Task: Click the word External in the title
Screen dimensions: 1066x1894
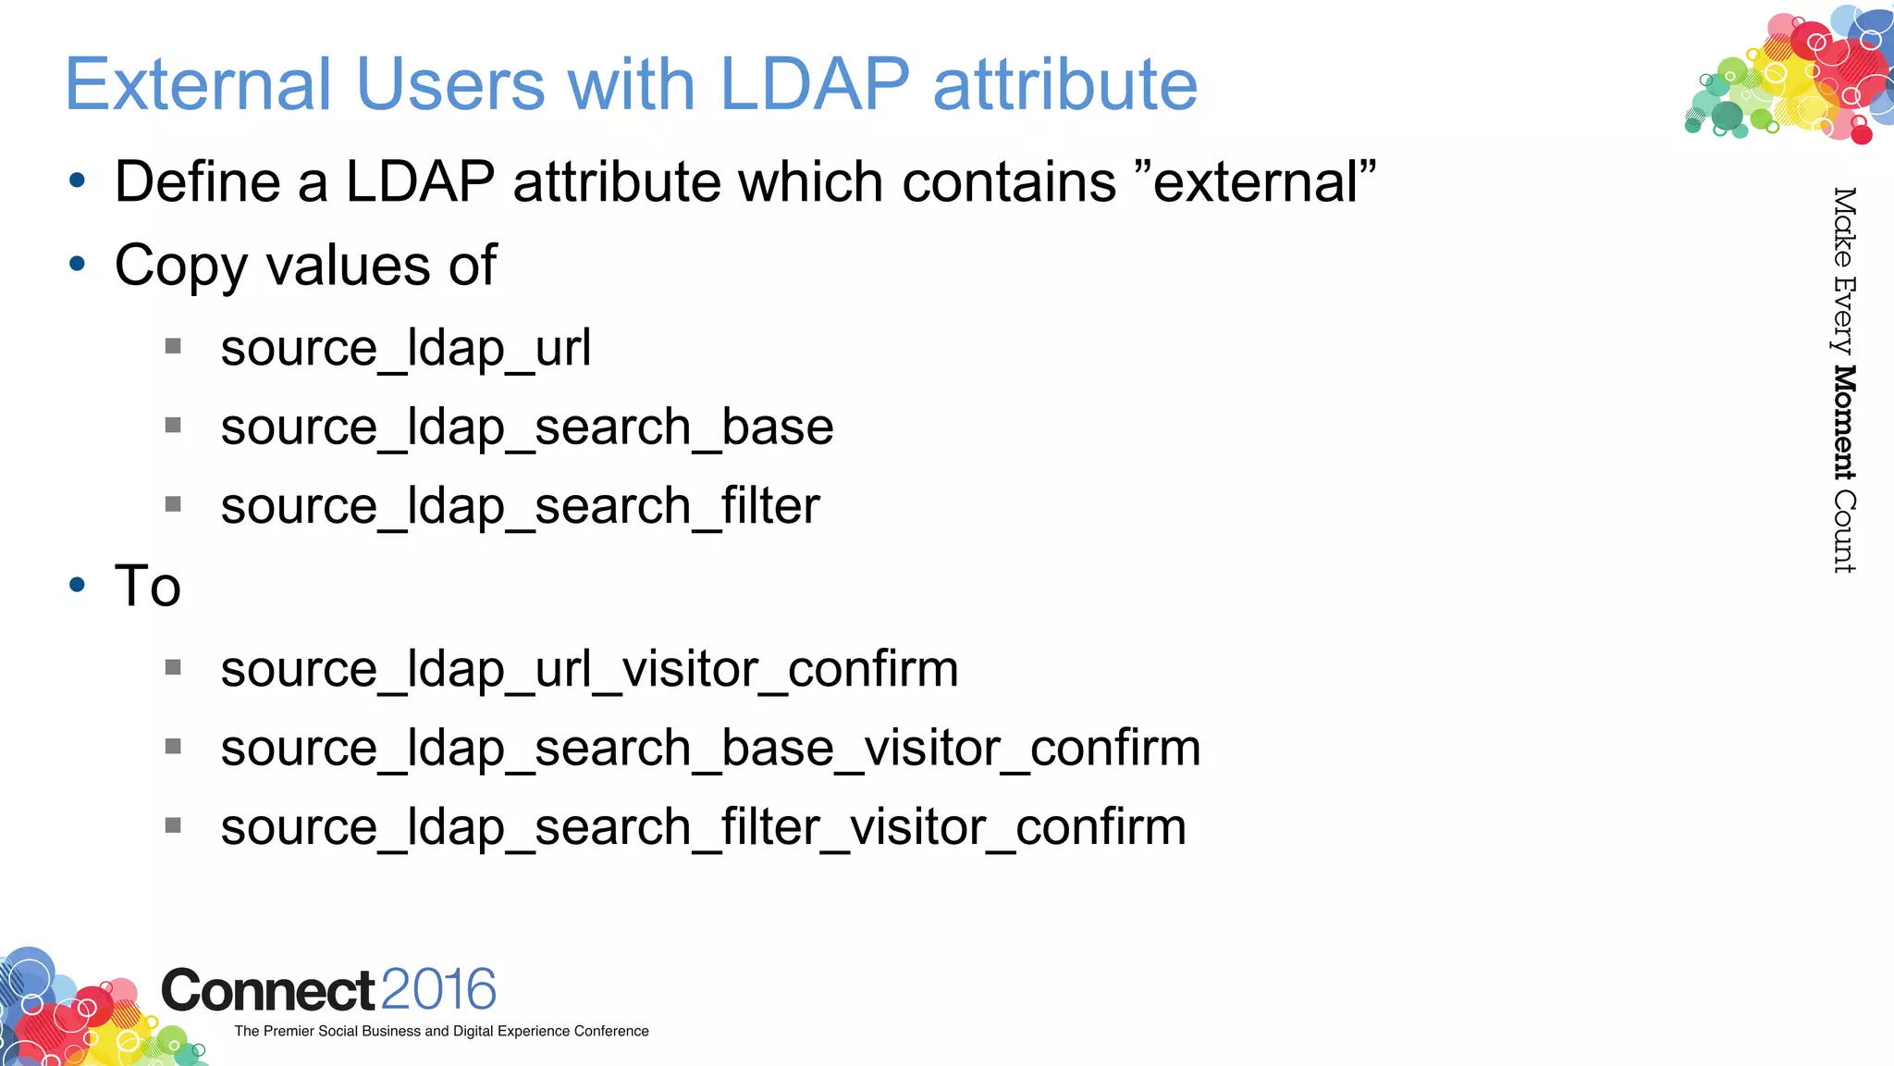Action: [198, 84]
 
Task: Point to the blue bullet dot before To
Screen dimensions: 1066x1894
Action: [78, 585]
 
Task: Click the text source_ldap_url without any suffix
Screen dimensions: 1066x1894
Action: [405, 349]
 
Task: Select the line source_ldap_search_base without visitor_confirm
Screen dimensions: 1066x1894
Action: [527, 428]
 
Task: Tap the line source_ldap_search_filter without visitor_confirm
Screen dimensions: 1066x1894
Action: [520, 507]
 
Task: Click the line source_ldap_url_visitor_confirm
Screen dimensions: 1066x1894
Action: [589, 669]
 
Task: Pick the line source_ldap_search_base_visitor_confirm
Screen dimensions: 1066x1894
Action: [710, 749]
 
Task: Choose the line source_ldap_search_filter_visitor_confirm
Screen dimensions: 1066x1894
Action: [703, 827]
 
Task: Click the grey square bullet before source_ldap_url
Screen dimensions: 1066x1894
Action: [173, 347]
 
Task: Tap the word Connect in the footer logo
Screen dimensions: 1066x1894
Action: [268, 991]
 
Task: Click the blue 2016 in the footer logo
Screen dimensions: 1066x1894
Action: [438, 989]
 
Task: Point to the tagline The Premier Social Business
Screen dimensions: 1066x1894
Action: [441, 1031]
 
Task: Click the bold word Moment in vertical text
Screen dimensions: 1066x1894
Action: [1844, 422]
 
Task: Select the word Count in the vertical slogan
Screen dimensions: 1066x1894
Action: [1844, 531]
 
